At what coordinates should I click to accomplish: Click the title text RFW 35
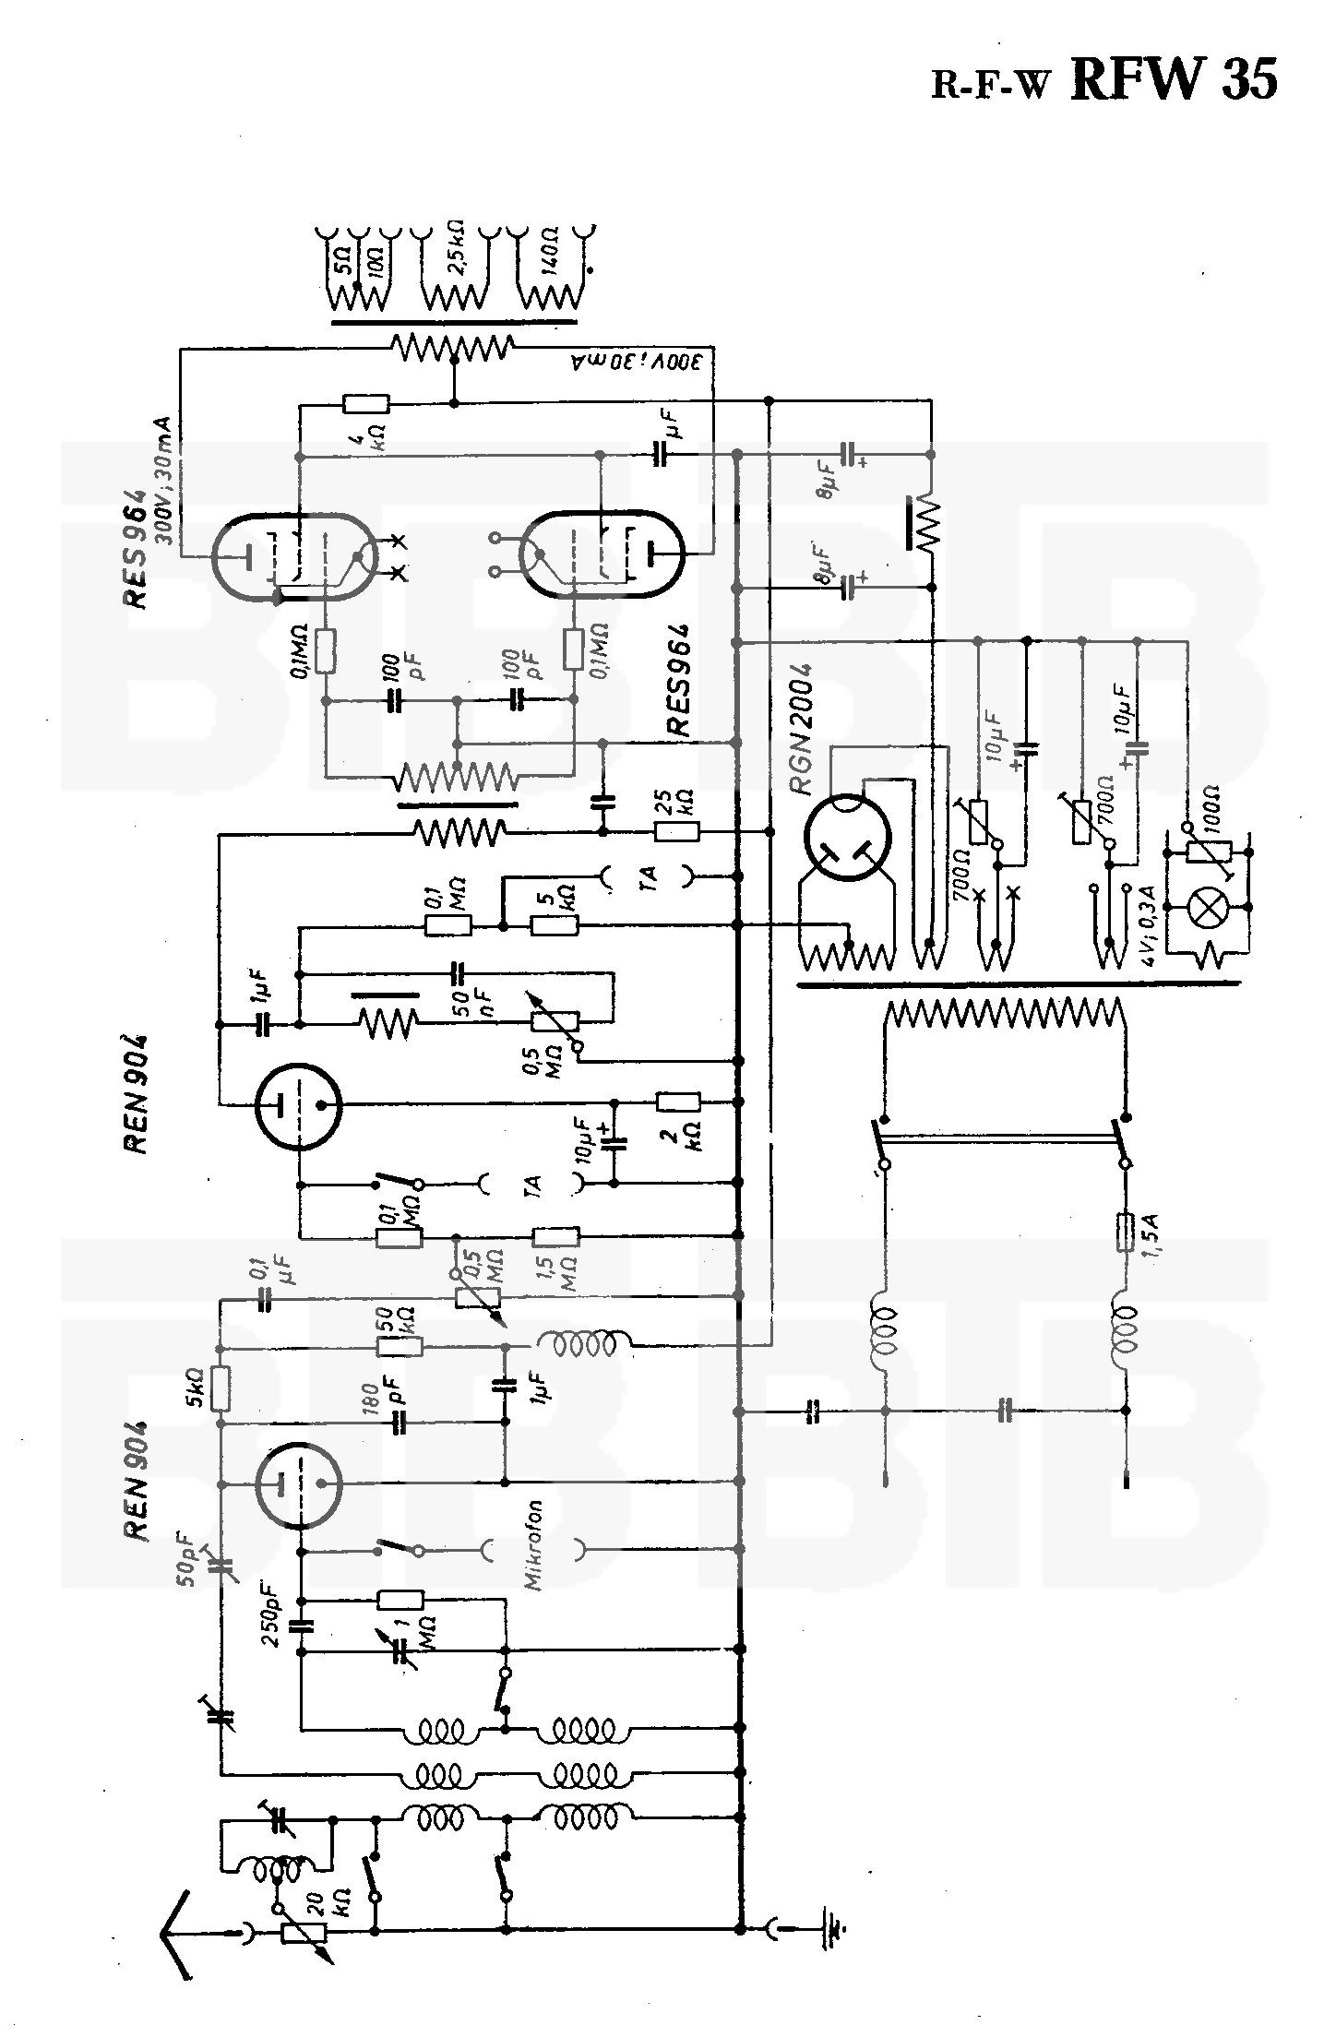(1174, 79)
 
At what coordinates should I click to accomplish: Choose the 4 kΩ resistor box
(365, 403)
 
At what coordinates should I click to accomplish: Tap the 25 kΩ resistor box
(677, 832)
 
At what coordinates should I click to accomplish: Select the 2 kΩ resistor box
(677, 1101)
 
